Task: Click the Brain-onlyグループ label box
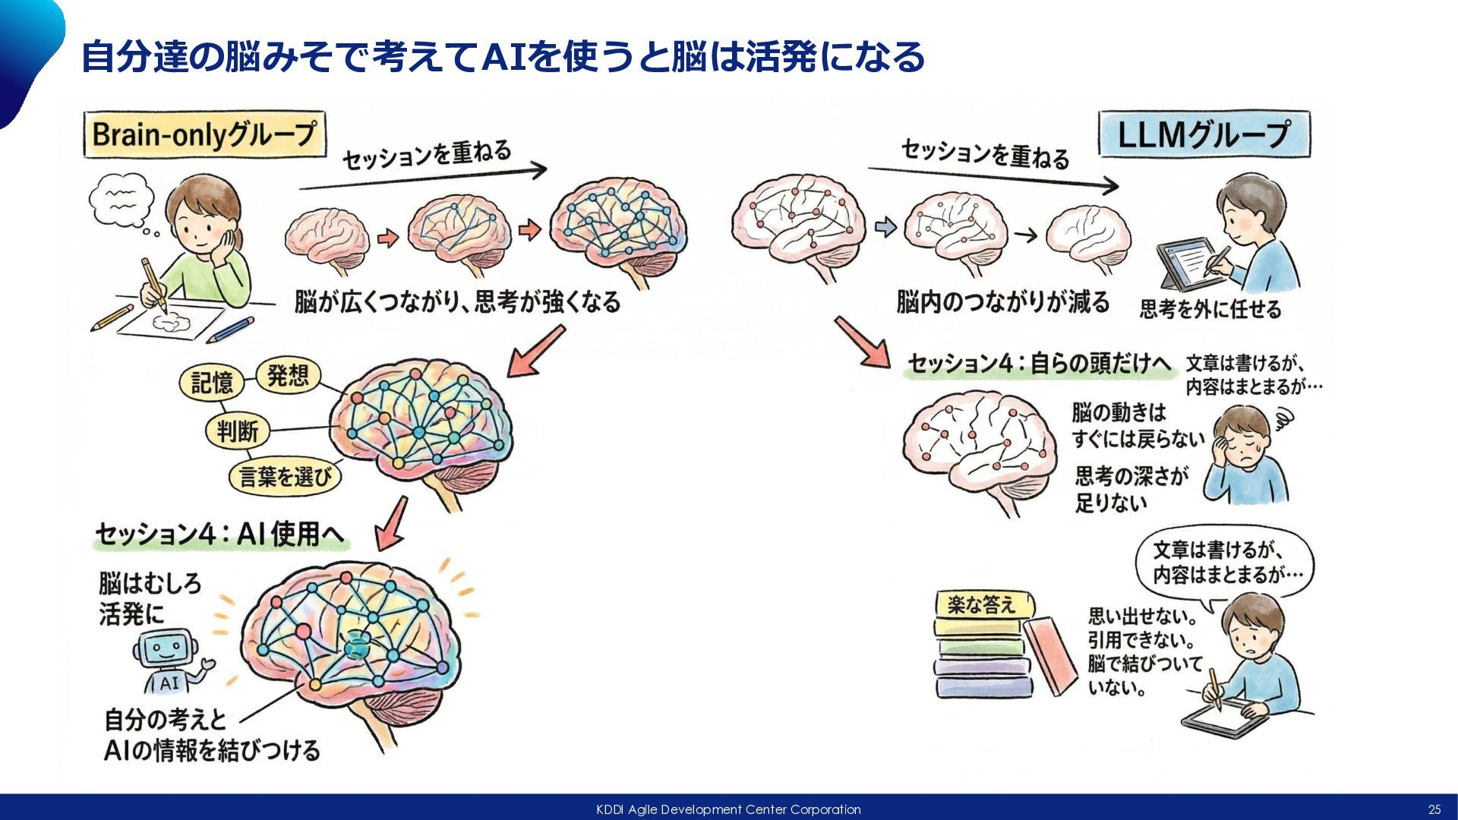(204, 134)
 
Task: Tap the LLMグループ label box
(1204, 134)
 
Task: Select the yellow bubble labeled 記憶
(212, 382)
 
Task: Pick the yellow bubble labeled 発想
(288, 375)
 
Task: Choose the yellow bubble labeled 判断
(237, 431)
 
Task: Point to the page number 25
(1434, 809)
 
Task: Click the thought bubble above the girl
(121, 199)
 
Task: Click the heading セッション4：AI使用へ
(219, 534)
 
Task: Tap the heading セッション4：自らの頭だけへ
(1040, 364)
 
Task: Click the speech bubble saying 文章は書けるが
(1224, 561)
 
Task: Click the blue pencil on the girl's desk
(230, 330)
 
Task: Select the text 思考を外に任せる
(1210, 309)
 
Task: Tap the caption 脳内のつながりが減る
(1002, 302)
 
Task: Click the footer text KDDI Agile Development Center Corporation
(728, 809)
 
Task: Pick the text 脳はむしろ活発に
(150, 598)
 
